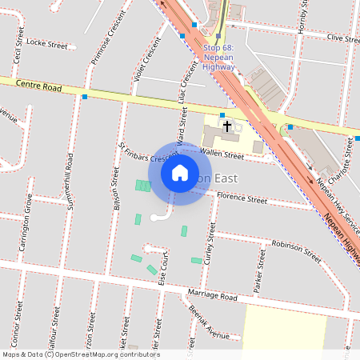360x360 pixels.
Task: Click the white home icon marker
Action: click(x=180, y=173)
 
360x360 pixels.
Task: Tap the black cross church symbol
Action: click(x=227, y=126)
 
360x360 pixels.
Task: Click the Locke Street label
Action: click(x=47, y=42)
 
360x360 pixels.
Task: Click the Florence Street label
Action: click(x=242, y=197)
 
